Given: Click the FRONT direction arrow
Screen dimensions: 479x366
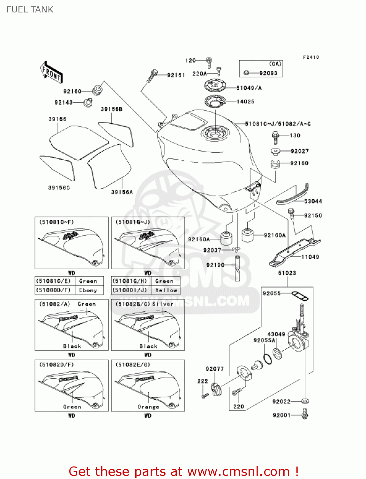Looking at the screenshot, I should click(x=51, y=72).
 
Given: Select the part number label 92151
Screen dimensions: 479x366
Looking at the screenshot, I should click(x=176, y=75).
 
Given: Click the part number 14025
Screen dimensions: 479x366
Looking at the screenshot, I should click(x=245, y=102).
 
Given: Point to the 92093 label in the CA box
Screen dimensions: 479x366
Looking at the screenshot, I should click(x=268, y=73).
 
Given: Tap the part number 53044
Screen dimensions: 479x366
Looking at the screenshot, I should click(x=313, y=201).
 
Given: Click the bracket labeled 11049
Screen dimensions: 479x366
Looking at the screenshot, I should click(x=294, y=251).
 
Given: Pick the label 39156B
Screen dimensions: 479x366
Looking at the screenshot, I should click(x=111, y=109).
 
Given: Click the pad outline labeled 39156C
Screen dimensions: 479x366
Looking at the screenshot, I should click(x=57, y=168).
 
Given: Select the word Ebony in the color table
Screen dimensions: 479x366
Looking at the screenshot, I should click(x=88, y=290).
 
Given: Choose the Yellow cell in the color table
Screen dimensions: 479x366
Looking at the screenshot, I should click(x=166, y=290).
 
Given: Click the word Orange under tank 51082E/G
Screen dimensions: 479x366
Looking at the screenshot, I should click(x=148, y=407).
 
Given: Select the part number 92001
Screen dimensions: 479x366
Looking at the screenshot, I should click(x=281, y=415).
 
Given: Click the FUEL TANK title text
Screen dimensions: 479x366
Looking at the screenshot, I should click(x=30, y=10).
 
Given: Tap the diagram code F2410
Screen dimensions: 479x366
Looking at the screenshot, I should click(x=311, y=57).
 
